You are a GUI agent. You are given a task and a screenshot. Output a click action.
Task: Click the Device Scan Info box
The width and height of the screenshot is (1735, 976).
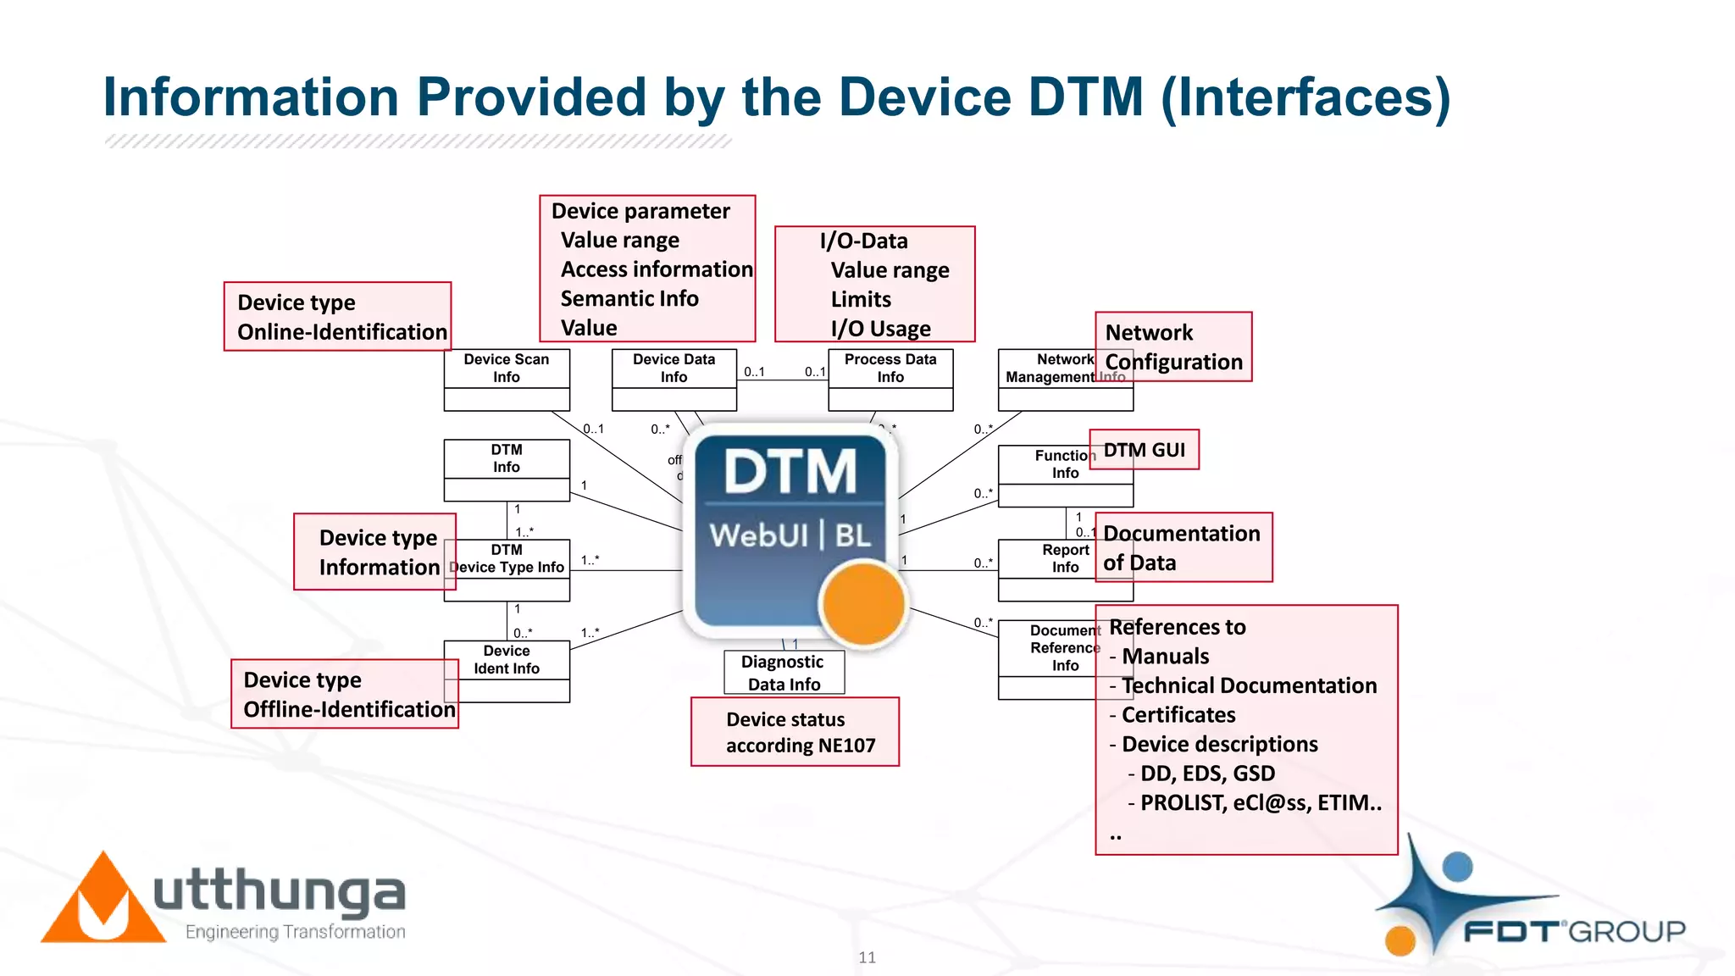[x=507, y=380]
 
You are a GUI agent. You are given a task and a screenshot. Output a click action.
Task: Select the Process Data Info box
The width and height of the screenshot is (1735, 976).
[x=890, y=380]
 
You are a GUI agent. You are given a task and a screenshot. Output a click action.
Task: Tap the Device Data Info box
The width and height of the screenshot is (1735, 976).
[x=674, y=380]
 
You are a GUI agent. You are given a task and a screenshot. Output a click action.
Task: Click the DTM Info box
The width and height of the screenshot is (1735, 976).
[x=507, y=469]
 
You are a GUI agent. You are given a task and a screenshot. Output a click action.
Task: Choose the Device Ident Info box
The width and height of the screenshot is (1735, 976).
[x=507, y=670]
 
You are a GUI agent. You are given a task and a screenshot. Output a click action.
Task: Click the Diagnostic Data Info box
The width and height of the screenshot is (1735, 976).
[x=784, y=673]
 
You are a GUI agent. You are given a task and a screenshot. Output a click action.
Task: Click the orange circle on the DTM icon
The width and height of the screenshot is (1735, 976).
[x=862, y=604]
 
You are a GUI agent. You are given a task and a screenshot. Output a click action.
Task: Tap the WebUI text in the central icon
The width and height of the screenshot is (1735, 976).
[x=758, y=535]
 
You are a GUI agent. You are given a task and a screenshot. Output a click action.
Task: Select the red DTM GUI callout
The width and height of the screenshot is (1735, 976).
[x=1144, y=450]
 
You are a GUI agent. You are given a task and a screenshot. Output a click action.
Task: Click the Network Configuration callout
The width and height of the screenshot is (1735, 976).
[x=1173, y=347]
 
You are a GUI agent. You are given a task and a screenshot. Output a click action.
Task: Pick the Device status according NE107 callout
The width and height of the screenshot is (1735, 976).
[x=795, y=732]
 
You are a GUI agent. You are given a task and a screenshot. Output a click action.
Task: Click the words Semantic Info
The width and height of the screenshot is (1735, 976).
[x=629, y=299]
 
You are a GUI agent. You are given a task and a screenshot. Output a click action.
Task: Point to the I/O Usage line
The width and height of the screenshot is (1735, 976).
[x=880, y=329]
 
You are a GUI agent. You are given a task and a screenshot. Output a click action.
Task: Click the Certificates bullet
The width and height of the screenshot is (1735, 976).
[x=1178, y=715]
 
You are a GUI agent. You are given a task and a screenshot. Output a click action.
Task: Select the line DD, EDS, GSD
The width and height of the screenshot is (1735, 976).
[x=1206, y=774]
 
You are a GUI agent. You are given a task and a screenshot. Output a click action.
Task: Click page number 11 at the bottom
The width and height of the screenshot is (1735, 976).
[x=867, y=957]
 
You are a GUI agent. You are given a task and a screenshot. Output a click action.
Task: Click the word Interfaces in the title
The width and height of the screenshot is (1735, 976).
[x=1305, y=97]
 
